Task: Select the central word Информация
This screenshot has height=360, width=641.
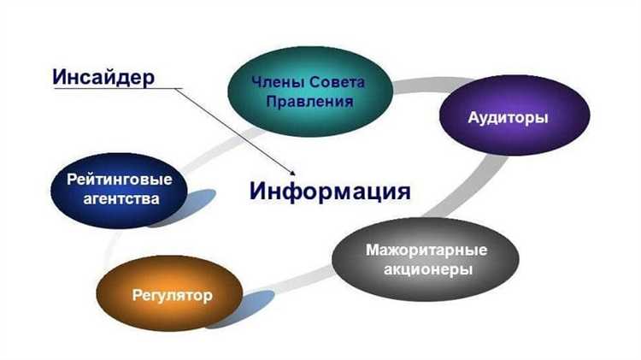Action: click(x=330, y=189)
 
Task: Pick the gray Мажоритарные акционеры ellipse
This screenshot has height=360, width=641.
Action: click(x=426, y=261)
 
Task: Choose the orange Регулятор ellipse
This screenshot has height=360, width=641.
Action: click(x=172, y=296)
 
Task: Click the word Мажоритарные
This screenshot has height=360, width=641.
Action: click(x=426, y=251)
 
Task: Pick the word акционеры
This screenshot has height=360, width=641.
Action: click(x=426, y=271)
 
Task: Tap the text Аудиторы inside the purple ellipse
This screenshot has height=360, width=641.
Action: click(x=508, y=118)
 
